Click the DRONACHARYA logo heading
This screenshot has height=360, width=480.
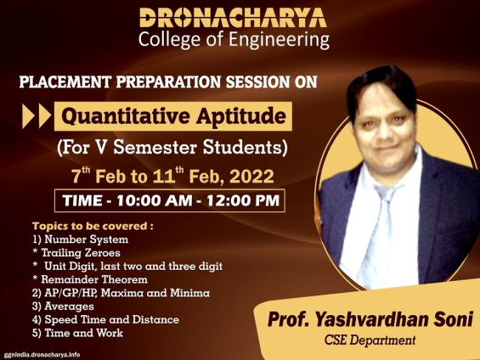[233, 18]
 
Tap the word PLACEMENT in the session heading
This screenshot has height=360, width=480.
[65, 82]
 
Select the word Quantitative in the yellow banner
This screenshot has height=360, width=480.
[126, 116]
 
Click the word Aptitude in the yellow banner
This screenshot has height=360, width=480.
[241, 117]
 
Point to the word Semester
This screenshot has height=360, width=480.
[155, 147]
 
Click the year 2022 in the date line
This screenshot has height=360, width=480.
[251, 177]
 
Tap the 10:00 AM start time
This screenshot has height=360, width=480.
[155, 200]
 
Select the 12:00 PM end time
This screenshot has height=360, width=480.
[243, 200]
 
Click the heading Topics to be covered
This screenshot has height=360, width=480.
[93, 226]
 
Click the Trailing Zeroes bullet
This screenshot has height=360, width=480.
[76, 253]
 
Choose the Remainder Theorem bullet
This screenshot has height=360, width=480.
[90, 279]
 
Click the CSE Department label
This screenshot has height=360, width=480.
[370, 340]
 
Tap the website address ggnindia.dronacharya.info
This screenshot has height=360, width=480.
[42, 355]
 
